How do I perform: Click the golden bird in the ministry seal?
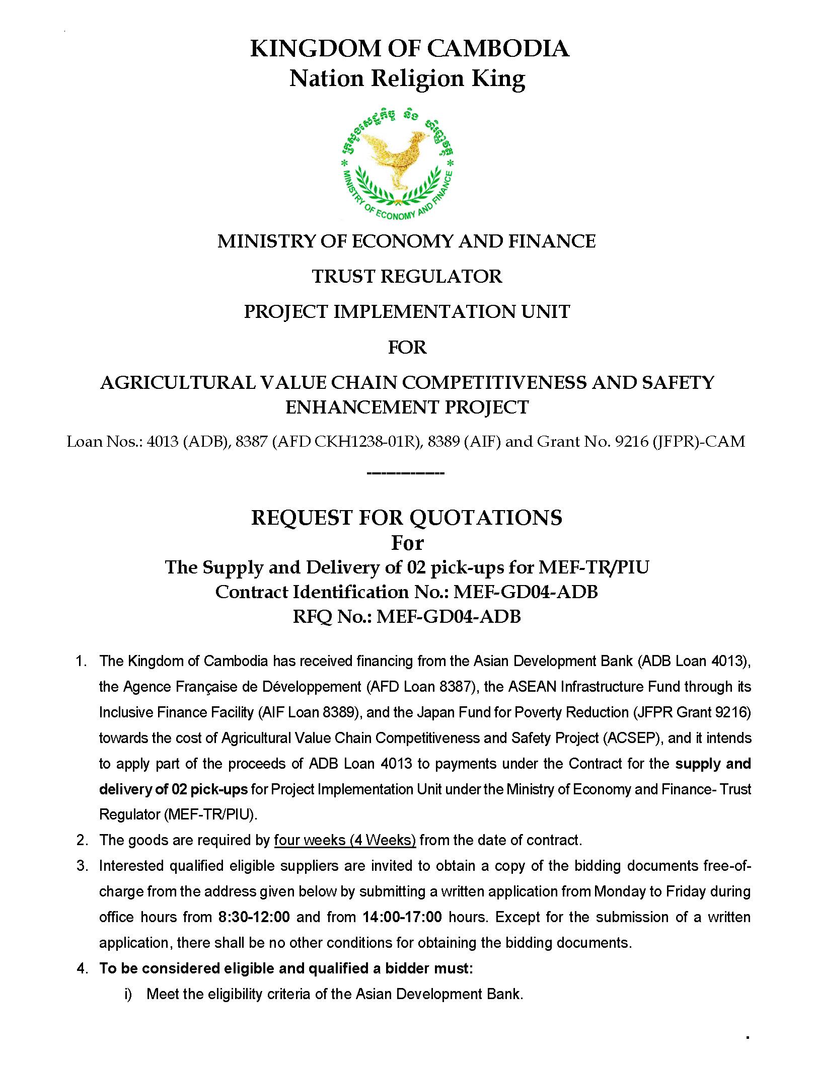pos(397,156)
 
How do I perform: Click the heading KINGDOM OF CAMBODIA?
pos(410,49)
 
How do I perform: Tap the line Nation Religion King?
pos(407,78)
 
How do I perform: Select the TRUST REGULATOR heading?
pos(407,276)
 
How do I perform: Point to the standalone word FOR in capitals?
pos(407,347)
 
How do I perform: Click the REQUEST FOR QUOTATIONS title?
pos(406,517)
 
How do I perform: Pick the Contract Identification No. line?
pos(406,592)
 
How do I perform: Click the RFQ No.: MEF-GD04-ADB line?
pos(406,616)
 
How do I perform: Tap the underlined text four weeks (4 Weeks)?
pos(345,840)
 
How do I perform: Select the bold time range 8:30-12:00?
pos(254,917)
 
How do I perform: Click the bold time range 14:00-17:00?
pos(402,917)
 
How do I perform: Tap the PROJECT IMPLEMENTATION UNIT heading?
pos(407,311)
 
